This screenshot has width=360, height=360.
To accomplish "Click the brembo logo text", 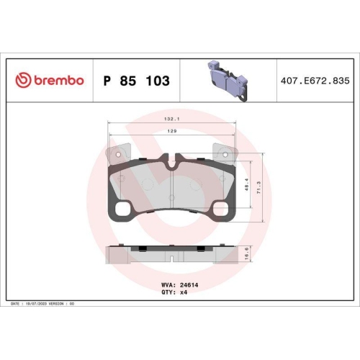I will [57, 81].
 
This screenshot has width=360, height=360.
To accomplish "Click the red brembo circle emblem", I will [22, 81].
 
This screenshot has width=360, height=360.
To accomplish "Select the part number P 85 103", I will [137, 81].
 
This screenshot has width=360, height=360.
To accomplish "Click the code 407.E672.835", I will [314, 81].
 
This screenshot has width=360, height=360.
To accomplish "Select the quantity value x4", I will [184, 294].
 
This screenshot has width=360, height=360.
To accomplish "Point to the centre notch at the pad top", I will [173, 163].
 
